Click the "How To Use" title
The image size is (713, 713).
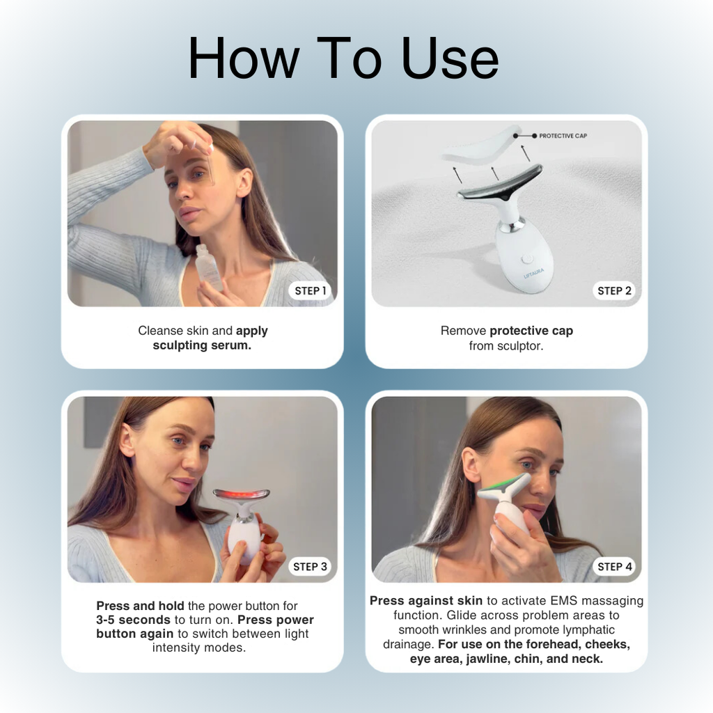tap(343, 58)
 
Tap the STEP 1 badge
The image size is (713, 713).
tap(310, 291)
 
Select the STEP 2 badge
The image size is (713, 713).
tap(614, 291)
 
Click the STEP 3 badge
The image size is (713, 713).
tap(310, 567)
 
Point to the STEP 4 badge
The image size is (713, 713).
tap(614, 567)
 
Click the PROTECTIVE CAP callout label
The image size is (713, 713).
tap(563, 136)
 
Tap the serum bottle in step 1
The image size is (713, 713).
tap(208, 267)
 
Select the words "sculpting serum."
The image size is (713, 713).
tap(202, 345)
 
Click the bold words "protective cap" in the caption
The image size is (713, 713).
tap(531, 331)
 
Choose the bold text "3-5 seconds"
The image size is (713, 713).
tap(133, 620)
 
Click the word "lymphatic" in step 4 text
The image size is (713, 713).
tap(589, 630)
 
